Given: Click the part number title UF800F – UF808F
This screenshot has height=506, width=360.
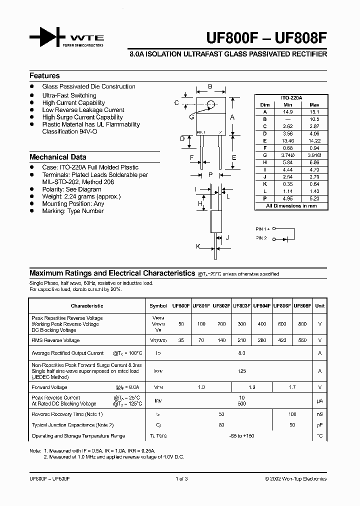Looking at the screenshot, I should (x=267, y=38).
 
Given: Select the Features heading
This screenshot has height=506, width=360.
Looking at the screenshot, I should (x=44, y=75).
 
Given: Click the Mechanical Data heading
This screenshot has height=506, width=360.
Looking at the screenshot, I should (x=57, y=156).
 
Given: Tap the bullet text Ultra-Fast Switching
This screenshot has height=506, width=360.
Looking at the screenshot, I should (x=69, y=95).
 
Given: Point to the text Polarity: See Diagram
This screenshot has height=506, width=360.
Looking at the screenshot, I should (x=71, y=189).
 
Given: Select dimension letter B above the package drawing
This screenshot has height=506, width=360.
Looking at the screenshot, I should (x=210, y=86).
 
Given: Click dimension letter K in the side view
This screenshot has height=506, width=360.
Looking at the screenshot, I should (x=198, y=246).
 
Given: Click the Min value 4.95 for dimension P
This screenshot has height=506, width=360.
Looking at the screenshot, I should (x=287, y=198).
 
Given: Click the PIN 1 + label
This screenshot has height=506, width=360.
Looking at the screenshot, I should (x=263, y=228).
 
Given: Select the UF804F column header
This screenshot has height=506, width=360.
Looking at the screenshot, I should (x=261, y=305).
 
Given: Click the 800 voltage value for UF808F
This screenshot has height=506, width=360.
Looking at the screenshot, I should (x=302, y=324).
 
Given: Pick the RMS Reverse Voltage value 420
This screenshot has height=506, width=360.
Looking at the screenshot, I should (x=282, y=340).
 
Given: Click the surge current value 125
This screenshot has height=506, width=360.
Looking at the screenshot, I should (x=242, y=371).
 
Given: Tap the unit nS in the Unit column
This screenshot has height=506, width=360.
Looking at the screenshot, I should (x=319, y=414).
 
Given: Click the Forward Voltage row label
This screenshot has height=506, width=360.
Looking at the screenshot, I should (x=49, y=387).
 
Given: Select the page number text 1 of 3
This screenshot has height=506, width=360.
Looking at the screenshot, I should (x=181, y=478).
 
